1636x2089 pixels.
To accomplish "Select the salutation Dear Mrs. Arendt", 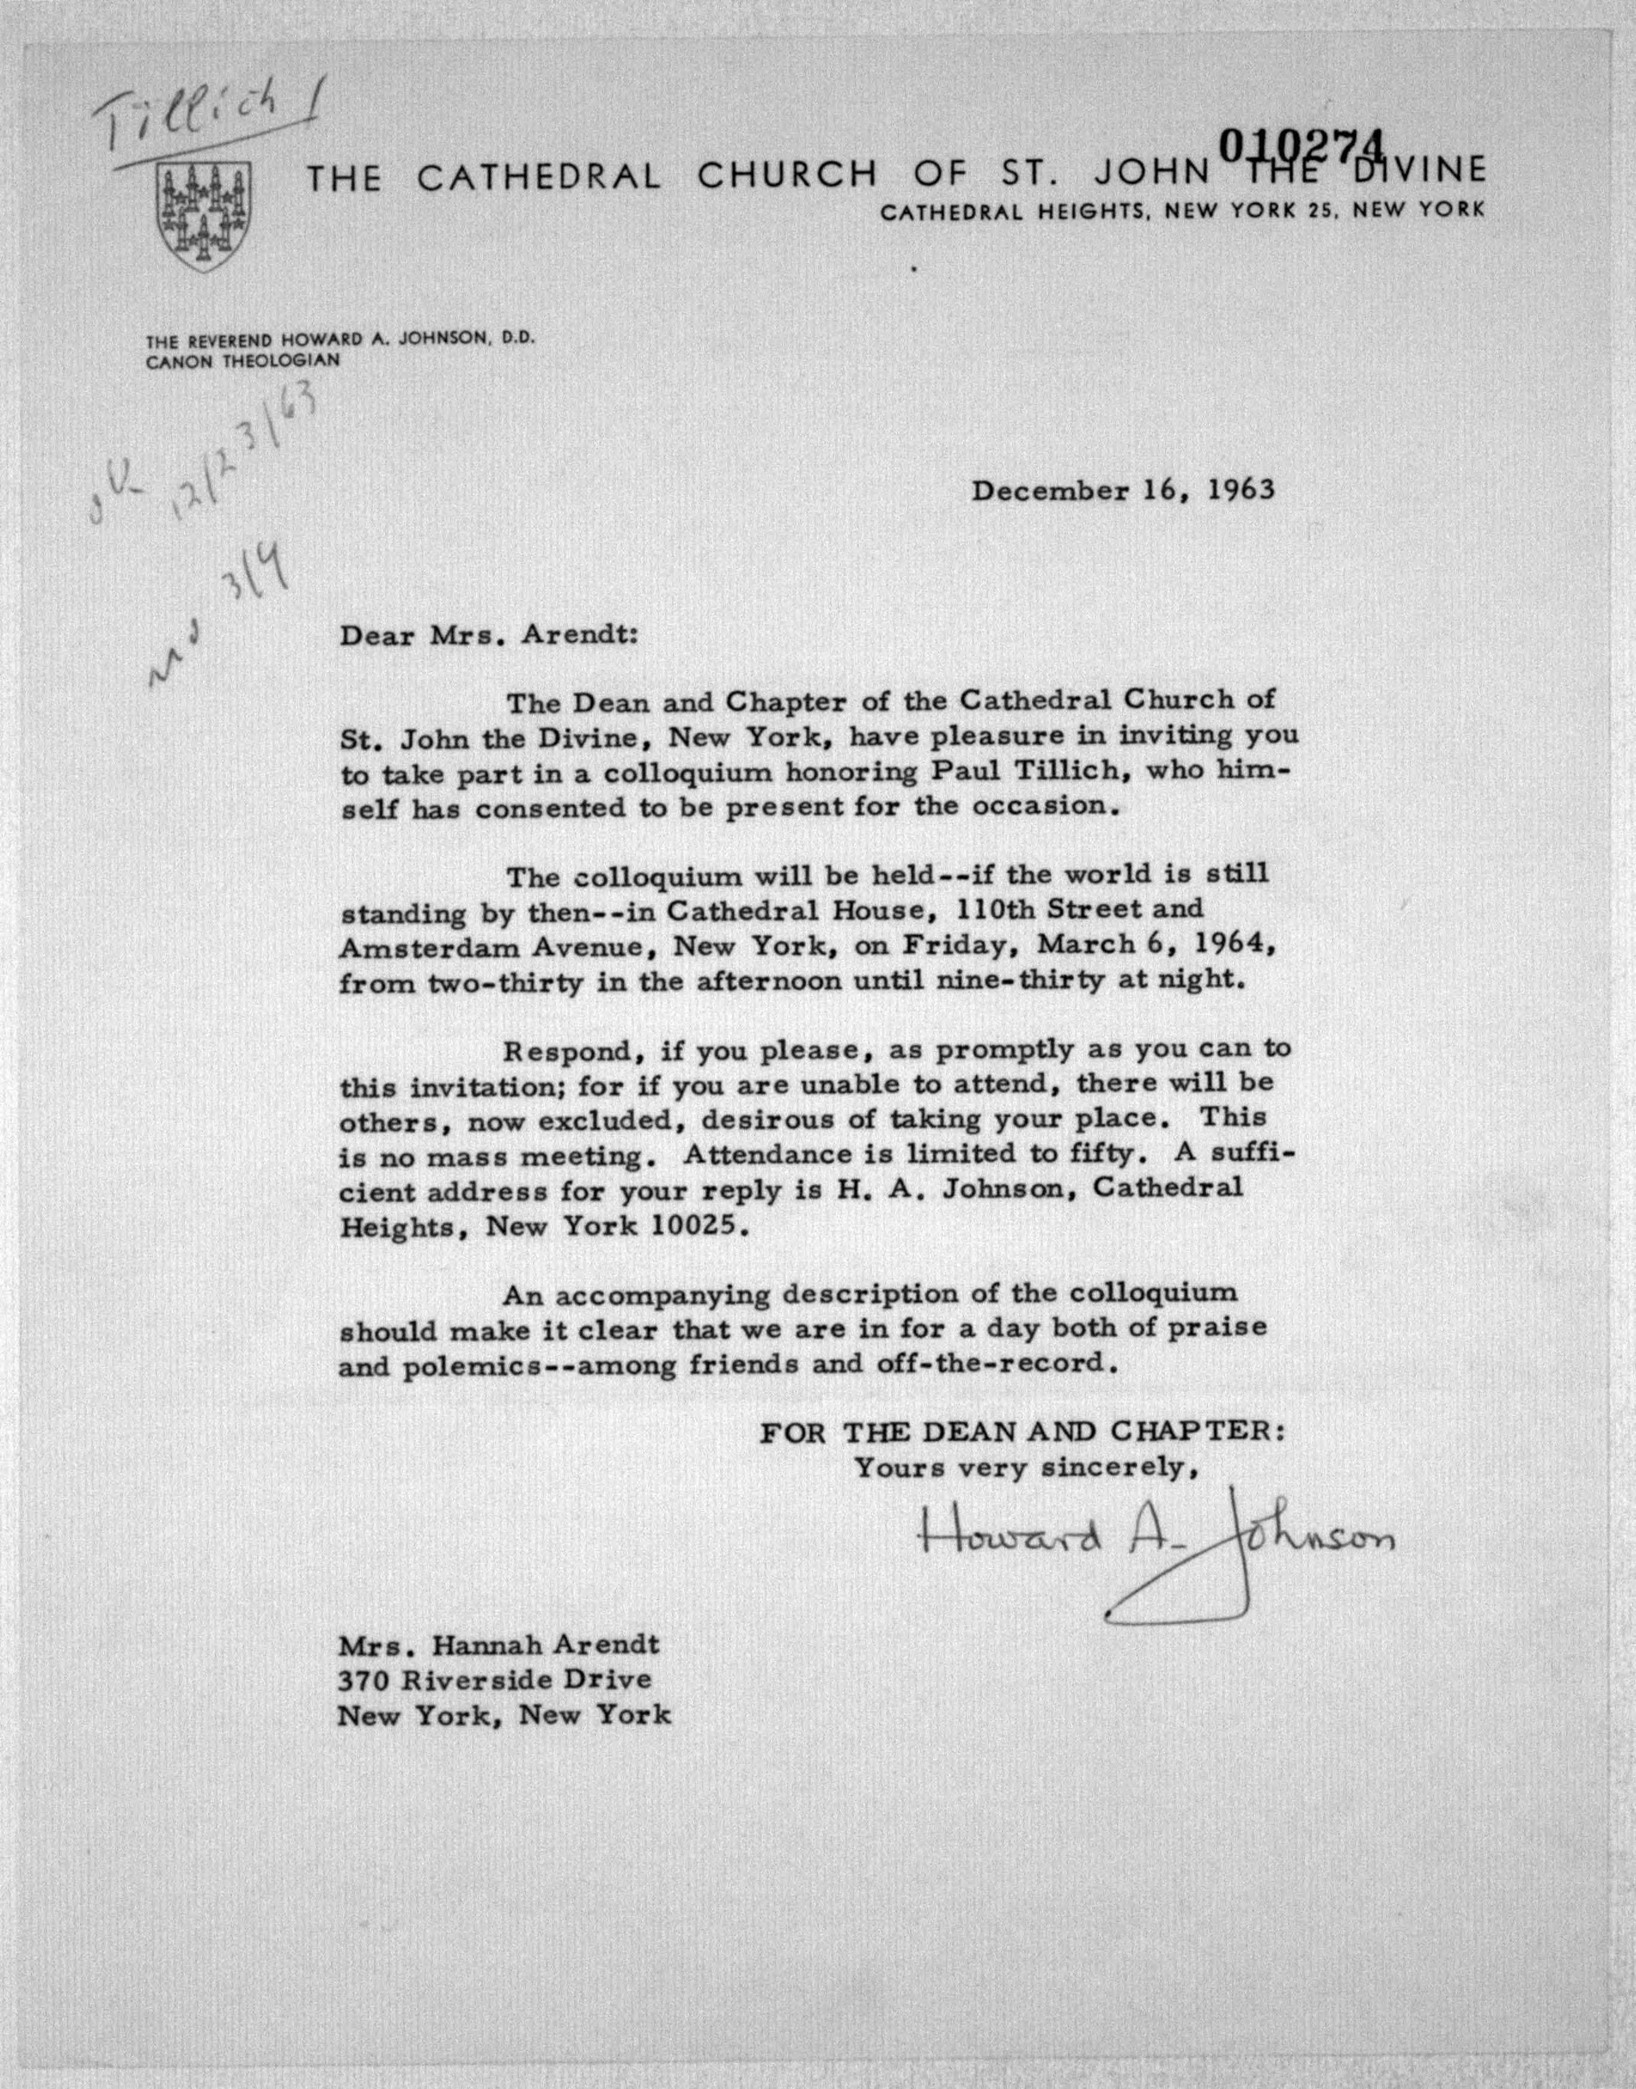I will coord(486,636).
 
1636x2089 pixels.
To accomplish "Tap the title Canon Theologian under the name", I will coord(242,361).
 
